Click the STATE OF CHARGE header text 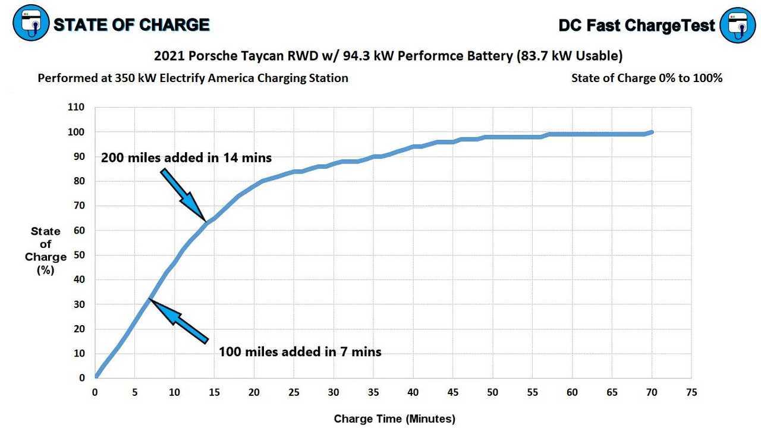131,24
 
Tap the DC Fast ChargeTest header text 637,25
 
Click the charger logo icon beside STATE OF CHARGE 32,24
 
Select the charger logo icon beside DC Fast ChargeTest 737,25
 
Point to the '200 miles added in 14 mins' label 186,158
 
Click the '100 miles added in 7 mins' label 300,351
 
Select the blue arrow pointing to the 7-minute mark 178,321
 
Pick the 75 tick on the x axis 691,392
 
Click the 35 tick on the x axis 373,392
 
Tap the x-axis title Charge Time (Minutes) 394,418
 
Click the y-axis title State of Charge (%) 46,250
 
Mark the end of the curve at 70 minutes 652,132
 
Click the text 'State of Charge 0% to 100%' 647,78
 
